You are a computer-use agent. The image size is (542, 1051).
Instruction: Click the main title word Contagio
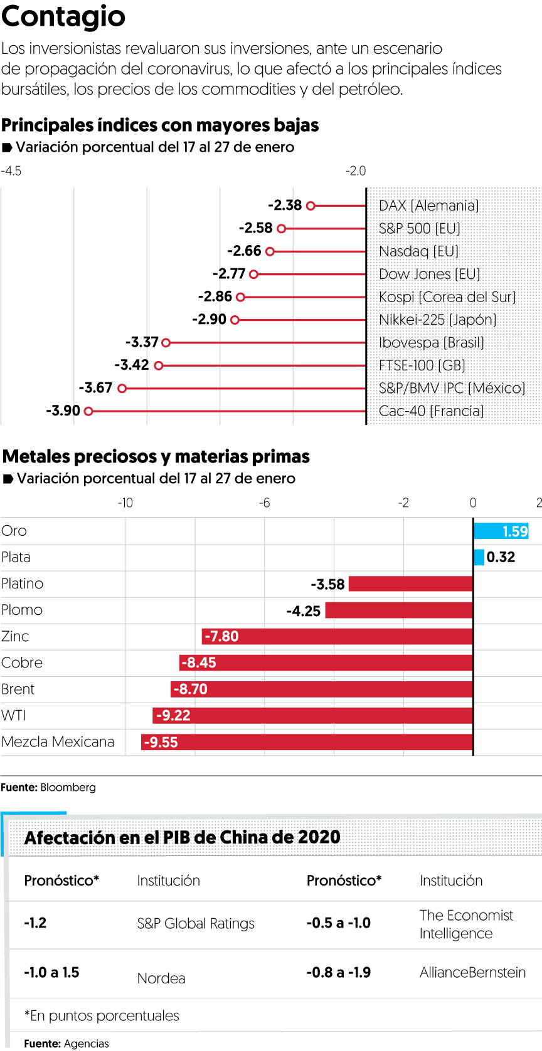click(63, 17)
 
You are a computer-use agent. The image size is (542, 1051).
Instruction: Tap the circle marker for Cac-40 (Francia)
click(88, 411)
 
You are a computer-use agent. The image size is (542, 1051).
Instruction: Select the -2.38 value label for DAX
click(285, 205)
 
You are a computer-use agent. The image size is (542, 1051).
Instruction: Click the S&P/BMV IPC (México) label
click(452, 388)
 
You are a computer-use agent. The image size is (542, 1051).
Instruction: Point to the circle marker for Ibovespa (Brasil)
click(166, 343)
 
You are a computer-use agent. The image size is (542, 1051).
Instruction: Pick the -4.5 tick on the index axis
click(11, 171)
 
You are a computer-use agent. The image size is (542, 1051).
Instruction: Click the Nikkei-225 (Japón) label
click(437, 320)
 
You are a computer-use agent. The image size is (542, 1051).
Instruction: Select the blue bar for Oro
click(501, 531)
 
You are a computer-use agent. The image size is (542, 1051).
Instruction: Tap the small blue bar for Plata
click(479, 557)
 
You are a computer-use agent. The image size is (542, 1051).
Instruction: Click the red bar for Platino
click(411, 584)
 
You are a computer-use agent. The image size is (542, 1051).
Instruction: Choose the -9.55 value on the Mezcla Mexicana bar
click(161, 743)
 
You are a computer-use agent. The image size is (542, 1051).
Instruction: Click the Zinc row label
click(15, 637)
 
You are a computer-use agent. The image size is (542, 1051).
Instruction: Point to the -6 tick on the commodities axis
click(265, 503)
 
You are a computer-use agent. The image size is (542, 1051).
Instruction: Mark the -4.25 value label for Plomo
click(303, 611)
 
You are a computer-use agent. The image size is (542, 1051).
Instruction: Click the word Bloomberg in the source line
click(68, 787)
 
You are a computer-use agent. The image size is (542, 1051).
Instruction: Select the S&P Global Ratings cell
click(196, 923)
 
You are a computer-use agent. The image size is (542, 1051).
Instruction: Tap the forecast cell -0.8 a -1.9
click(338, 972)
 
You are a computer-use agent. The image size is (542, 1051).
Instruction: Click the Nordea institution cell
click(161, 978)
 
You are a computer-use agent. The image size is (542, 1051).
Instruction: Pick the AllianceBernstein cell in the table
click(472, 972)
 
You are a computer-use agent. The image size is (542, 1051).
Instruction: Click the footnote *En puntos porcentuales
click(102, 1015)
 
